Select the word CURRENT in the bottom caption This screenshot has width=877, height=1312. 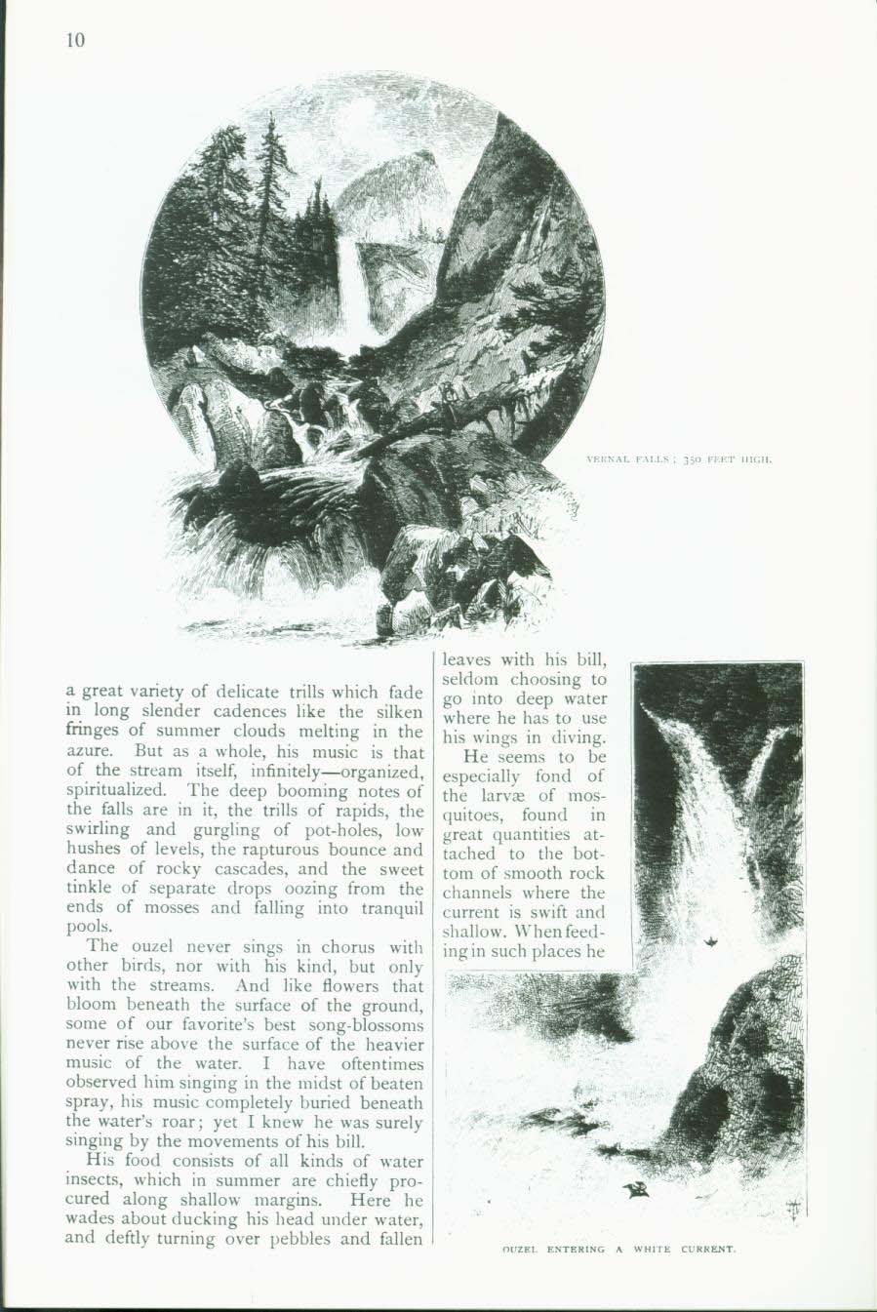pyautogui.click(x=703, y=1249)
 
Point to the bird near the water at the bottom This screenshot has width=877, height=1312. pyautogui.click(x=638, y=1189)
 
